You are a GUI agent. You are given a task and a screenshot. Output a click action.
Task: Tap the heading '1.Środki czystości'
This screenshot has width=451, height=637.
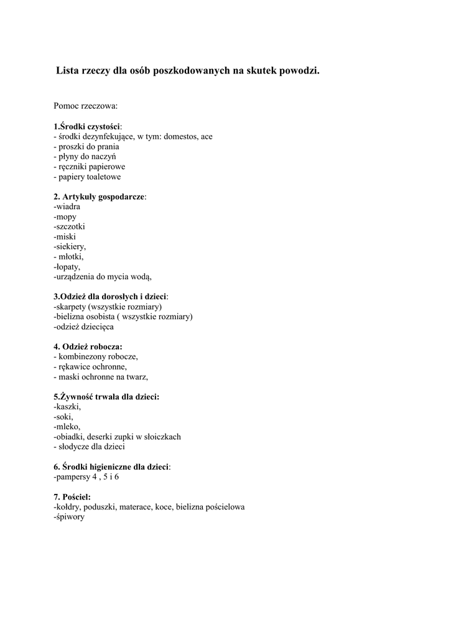[x=87, y=126]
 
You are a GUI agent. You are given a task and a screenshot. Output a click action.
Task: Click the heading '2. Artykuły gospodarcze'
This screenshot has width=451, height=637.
[x=99, y=197]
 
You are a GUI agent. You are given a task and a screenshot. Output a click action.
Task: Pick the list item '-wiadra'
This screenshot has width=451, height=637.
[x=67, y=207]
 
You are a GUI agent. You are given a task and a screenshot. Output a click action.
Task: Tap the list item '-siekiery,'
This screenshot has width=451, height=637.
[x=70, y=246]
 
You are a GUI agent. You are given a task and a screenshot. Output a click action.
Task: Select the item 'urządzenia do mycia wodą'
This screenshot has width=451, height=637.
[x=103, y=276]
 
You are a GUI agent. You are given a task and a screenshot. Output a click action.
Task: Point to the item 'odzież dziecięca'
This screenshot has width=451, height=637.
[x=84, y=327]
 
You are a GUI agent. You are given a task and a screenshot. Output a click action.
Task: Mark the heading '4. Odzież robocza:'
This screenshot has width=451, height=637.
[x=88, y=346]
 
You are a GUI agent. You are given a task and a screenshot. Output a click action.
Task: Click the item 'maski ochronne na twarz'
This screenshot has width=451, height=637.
[x=103, y=376]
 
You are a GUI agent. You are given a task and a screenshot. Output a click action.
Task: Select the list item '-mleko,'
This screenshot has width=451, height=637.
[x=67, y=427]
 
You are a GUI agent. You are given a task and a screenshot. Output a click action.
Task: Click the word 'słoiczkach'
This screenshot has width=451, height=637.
[x=161, y=437]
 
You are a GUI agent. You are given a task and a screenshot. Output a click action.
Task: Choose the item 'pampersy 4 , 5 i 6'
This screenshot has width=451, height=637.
[x=86, y=477]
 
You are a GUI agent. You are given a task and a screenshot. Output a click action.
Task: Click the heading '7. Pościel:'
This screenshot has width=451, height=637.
[x=72, y=496]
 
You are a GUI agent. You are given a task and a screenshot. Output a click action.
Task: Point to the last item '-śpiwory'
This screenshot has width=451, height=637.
[x=69, y=516]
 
